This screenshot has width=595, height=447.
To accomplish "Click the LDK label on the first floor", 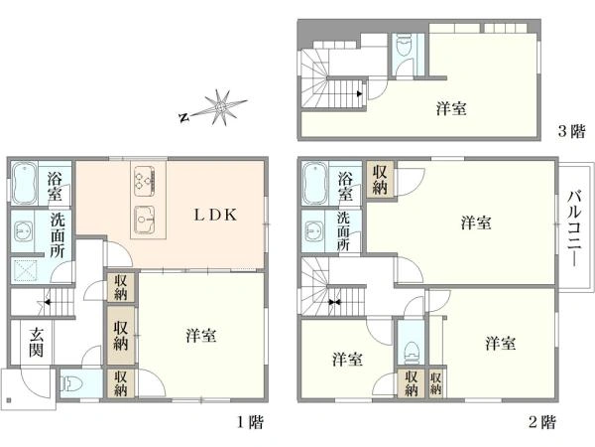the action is point(215,216).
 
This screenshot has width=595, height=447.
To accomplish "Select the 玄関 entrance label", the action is point(37,343).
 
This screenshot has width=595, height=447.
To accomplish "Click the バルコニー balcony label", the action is point(574,228).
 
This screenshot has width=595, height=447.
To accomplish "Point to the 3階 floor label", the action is point(572,131).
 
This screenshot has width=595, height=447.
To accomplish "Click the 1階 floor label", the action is point(250,422).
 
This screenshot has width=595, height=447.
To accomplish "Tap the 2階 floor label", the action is point(542,422).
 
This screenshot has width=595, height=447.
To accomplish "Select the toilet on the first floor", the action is point(72,383).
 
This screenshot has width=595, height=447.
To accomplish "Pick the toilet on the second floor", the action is point(412,352).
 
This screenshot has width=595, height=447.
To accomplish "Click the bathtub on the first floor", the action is point(24,184).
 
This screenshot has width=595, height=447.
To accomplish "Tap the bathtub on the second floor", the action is point(315,184).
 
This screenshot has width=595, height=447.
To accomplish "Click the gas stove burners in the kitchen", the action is point(145,182).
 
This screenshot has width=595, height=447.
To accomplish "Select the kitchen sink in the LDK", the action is point(144,221).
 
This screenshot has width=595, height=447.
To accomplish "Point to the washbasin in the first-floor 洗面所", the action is point(21,230).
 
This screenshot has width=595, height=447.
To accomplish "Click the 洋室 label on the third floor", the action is point(451,108).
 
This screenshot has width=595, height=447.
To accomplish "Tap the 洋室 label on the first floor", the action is point(201,336).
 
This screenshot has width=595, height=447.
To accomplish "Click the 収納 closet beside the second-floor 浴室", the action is point(380,180).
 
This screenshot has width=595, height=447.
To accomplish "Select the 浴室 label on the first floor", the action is point(55,187).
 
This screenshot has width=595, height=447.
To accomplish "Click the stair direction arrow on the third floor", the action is point(359,93).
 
